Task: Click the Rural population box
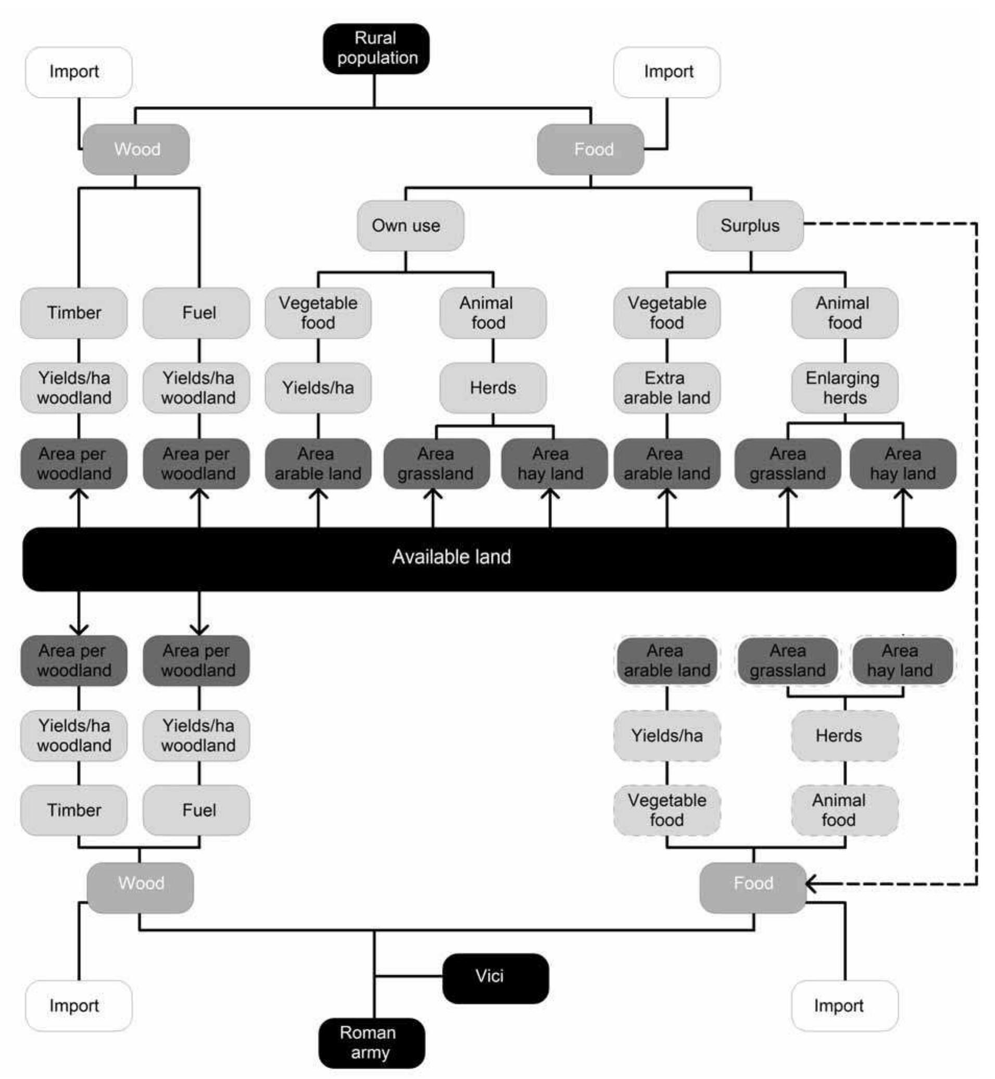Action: pos(376,48)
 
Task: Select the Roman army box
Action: pos(372,1043)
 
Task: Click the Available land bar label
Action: pos(451,557)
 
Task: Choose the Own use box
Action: pos(410,226)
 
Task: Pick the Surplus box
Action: pos(749,226)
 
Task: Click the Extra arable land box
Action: pos(666,388)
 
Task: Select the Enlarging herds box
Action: pos(844,388)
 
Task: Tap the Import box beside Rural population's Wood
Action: pos(79,72)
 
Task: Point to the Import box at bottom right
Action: pos(844,1005)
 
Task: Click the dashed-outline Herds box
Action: pos(844,735)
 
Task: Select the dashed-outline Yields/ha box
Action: pos(666,735)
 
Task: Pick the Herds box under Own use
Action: pos(493,388)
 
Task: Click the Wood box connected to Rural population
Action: pos(136,149)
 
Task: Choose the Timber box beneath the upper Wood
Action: pos(74,313)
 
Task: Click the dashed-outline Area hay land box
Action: pos(902,661)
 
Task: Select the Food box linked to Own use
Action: pos(590,149)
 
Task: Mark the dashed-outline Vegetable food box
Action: pos(666,810)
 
